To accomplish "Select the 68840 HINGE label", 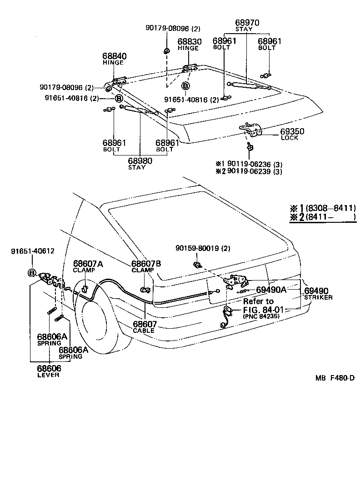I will tap(115, 59).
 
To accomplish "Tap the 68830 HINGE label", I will tap(189, 44).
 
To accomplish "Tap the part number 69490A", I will tap(271, 290).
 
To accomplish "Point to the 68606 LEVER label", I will tap(48, 371).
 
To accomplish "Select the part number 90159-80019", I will tap(198, 248).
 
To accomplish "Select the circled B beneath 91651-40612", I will tap(32, 273).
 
